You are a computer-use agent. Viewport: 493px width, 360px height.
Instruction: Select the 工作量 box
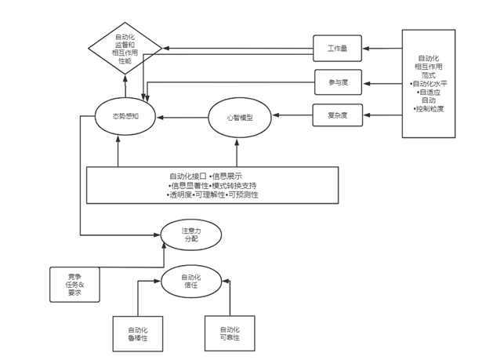coord(337,49)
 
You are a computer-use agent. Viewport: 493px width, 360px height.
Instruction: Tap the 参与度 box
coord(337,81)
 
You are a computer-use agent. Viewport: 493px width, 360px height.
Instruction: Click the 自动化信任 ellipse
coord(190,280)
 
